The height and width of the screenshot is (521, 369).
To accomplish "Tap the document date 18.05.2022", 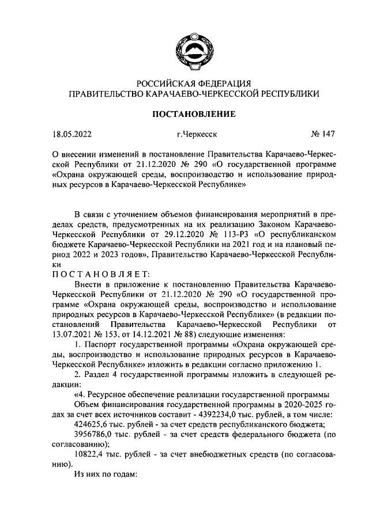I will tap(71, 136).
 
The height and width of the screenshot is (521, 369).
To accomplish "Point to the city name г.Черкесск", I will tap(197, 136).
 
